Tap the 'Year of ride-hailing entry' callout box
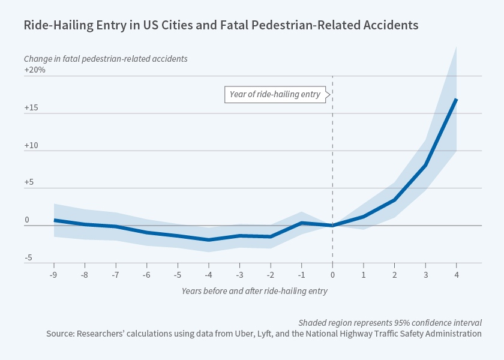click(275, 94)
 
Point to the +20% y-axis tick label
click(35, 70)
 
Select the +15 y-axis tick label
click(32, 107)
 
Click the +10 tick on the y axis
click(32, 145)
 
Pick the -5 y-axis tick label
click(28, 258)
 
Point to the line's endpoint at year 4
click(457, 99)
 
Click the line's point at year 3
click(425, 165)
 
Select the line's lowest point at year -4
click(208, 240)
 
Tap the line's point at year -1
click(301, 223)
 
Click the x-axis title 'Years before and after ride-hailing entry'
click(254, 290)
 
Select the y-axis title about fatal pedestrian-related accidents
click(106, 59)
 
